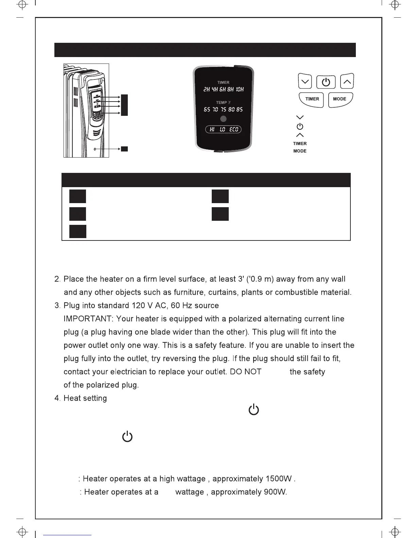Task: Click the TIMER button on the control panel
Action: click(x=312, y=99)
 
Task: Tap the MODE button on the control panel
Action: click(x=340, y=99)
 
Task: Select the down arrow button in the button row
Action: click(x=305, y=82)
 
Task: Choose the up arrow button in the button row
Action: click(x=347, y=82)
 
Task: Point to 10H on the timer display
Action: click(x=239, y=90)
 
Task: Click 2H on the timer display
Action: click(x=207, y=90)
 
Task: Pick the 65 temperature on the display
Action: click(x=207, y=110)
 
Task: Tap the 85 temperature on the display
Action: click(x=239, y=110)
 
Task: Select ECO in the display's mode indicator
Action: click(x=234, y=129)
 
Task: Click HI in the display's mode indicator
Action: click(x=212, y=129)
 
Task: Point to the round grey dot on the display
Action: click(x=223, y=119)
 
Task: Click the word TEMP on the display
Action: click(x=222, y=103)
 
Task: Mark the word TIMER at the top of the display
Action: click(x=223, y=83)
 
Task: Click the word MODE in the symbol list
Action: click(x=300, y=151)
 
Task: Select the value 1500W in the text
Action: click(x=279, y=479)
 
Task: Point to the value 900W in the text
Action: click(x=275, y=492)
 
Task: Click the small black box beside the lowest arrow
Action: click(x=124, y=149)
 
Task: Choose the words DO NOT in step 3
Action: click(x=246, y=372)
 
